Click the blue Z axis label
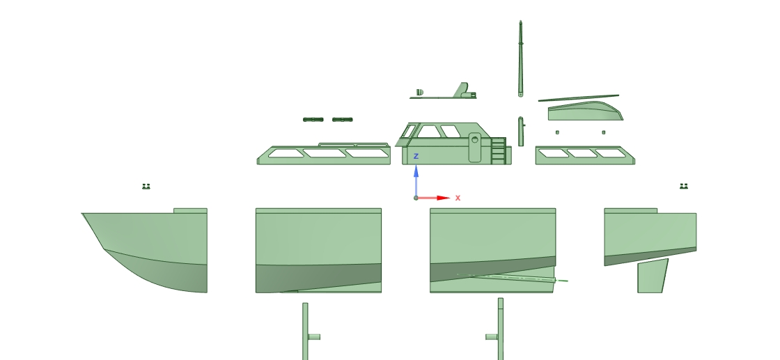tap(416, 156)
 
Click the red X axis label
tap(458, 198)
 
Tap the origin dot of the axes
tap(416, 198)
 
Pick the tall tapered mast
tap(520, 58)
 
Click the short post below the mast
tap(521, 132)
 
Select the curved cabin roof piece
tap(586, 111)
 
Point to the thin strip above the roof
tap(579, 98)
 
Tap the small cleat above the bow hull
tap(146, 186)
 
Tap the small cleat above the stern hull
tap(683, 186)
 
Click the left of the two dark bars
tap(313, 119)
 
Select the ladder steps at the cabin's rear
tap(499, 150)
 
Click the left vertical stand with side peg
tap(306, 331)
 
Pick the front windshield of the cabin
tap(408, 132)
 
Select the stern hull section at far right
tap(650, 237)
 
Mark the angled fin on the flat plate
tap(461, 90)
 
